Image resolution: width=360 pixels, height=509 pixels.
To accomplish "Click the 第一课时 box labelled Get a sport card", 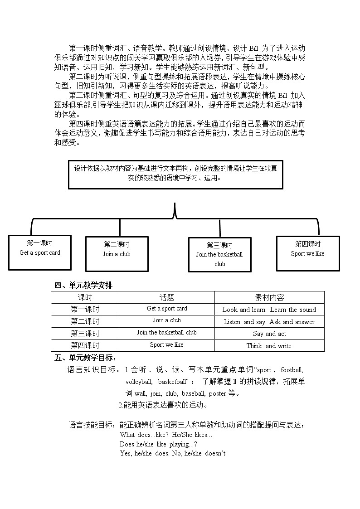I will (40, 252).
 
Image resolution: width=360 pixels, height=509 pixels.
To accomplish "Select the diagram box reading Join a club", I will (117, 253).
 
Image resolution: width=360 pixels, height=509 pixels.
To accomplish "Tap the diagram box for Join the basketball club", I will (219, 254).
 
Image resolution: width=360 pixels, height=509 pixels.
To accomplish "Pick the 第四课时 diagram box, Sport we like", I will (307, 253).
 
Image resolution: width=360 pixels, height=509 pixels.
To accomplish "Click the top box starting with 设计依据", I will (176, 174).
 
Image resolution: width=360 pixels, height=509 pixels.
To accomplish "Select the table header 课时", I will (85, 297).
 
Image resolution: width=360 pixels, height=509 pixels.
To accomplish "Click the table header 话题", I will (166, 297).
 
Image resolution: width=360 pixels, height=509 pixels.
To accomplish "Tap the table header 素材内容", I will (269, 297).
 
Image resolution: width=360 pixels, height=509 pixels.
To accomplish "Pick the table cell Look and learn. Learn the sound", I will (269, 310).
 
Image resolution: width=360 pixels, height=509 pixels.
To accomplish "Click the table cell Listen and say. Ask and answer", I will (269, 322).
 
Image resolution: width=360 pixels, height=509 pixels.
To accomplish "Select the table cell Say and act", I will (269, 334).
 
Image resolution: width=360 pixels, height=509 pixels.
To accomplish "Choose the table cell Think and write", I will (269, 346).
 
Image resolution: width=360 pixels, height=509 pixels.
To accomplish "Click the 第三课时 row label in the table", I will (85, 334).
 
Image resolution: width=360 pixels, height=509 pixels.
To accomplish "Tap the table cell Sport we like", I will (166, 345).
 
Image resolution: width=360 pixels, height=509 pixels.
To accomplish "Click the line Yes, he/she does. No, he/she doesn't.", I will (173, 453).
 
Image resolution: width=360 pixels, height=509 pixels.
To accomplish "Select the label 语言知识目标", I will (94, 370).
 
